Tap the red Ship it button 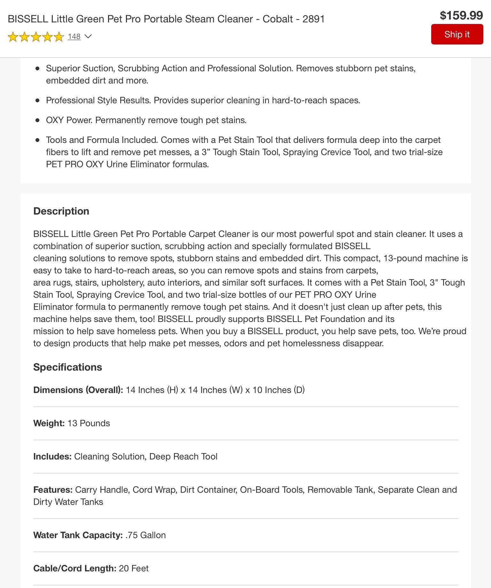click(x=457, y=34)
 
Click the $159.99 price click(x=461, y=15)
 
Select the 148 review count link click(x=74, y=36)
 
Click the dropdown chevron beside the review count click(x=88, y=36)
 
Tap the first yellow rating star click(x=13, y=37)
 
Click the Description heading click(x=61, y=211)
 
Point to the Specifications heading click(x=67, y=367)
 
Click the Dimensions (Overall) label click(x=78, y=390)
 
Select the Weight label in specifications click(x=49, y=423)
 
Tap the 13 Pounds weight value click(x=89, y=423)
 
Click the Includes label click(x=52, y=456)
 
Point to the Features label click(x=53, y=490)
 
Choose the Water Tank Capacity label click(x=78, y=535)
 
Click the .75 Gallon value click(x=146, y=535)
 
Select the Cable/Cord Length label click(x=75, y=568)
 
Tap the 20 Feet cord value click(x=134, y=568)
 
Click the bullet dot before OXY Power click(x=38, y=120)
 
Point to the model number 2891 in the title click(x=313, y=19)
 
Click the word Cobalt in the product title click(x=277, y=19)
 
